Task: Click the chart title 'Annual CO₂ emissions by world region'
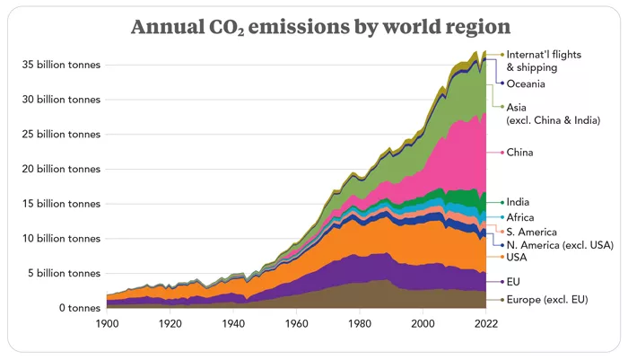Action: (313, 27)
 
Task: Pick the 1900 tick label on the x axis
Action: (107, 324)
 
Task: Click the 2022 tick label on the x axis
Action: (485, 324)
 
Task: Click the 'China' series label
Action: (519, 153)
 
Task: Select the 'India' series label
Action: (518, 202)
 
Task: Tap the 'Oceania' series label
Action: (526, 83)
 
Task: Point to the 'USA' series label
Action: (517, 258)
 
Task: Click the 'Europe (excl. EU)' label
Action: (546, 299)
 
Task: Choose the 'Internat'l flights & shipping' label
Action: (545, 61)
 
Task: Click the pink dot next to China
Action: (502, 153)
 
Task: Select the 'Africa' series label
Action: (520, 217)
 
